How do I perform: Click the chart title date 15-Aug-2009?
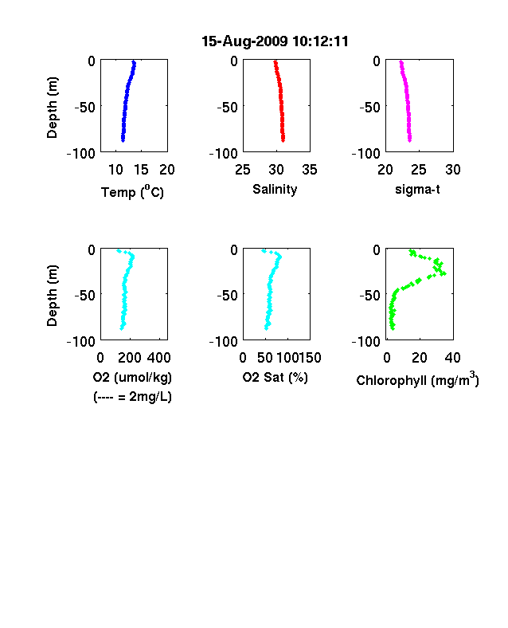point(244,41)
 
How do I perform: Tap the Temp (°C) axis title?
point(132,191)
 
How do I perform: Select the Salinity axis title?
point(275,190)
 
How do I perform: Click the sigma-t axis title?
point(417,189)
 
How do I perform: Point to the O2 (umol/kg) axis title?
point(132,377)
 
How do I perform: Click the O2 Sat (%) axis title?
point(275,377)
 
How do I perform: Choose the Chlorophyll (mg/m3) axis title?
point(417,379)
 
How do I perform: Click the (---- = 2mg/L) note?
point(132,397)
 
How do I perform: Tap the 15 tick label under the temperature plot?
point(141,170)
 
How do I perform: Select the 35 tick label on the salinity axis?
point(310,170)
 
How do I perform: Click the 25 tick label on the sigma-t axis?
point(418,170)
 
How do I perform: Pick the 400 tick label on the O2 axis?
point(159,358)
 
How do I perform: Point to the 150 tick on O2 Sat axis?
point(310,358)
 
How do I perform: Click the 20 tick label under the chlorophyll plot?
point(419,358)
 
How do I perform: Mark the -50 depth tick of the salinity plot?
point(227,108)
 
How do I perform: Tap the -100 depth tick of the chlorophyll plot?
point(365,342)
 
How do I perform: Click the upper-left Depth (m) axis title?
point(53,108)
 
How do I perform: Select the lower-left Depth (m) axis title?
point(53,296)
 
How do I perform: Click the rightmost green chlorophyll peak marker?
point(444,274)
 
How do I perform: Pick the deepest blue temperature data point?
point(123,139)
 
